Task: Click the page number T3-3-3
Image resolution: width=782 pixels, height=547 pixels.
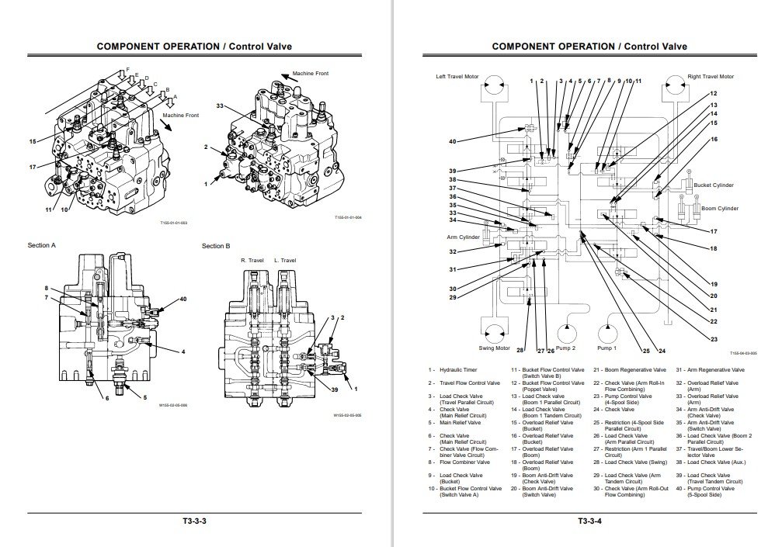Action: coord(194,520)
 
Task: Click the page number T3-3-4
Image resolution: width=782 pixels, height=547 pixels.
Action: coord(589,520)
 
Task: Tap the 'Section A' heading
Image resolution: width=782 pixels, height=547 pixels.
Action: coord(42,246)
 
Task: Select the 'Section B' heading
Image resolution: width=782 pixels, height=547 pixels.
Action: coord(216,246)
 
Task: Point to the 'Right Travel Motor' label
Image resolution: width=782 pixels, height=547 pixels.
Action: coord(711,77)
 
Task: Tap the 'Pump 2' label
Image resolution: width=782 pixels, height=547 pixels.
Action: coord(565,348)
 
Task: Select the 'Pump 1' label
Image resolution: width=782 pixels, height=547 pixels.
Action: coord(606,348)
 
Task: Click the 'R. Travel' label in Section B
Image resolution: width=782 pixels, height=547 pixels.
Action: coord(252,261)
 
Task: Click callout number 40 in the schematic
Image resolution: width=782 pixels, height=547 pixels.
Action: coord(452,141)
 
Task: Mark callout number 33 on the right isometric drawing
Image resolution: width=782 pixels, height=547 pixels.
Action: coord(220,106)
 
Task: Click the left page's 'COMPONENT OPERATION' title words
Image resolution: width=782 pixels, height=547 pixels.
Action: coord(158,47)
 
